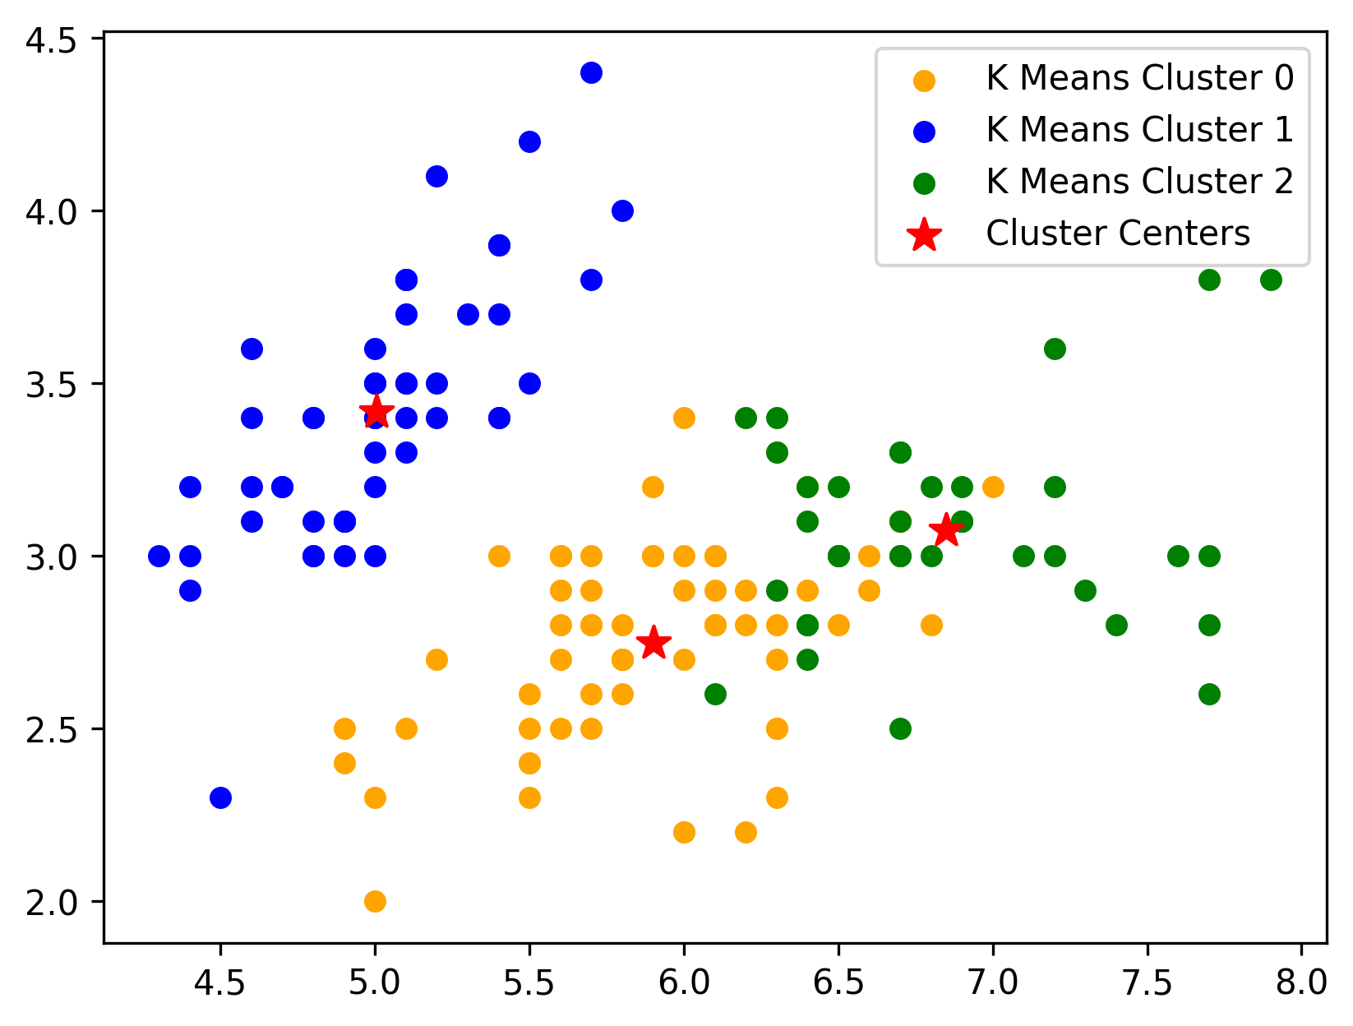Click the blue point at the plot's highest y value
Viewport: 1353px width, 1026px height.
pyautogui.click(x=591, y=73)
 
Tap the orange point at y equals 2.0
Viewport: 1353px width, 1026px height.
pyautogui.click(x=375, y=901)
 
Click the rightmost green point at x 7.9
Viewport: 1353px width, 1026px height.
pyautogui.click(x=1271, y=280)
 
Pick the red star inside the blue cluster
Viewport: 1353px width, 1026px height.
pyautogui.click(x=376, y=413)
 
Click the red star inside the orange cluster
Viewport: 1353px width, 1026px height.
pyautogui.click(x=654, y=642)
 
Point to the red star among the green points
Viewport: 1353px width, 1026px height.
pyautogui.click(x=945, y=530)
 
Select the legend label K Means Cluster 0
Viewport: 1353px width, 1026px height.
pyautogui.click(x=1139, y=78)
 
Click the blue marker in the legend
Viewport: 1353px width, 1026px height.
pyautogui.click(x=924, y=131)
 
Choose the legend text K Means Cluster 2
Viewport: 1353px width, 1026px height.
pyautogui.click(x=1139, y=182)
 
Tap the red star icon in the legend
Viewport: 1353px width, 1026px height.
pyautogui.click(x=924, y=234)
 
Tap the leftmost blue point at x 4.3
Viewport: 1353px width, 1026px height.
pyautogui.click(x=159, y=556)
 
